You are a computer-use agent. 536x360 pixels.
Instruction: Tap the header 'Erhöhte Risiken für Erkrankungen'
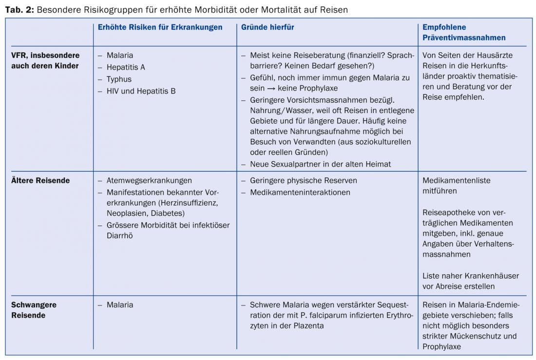click(x=160, y=27)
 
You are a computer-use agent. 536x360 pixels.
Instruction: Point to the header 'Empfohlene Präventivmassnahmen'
click(x=464, y=32)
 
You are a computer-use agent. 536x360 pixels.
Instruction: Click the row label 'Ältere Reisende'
click(x=40, y=180)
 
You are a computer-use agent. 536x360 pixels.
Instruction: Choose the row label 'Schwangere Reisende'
click(x=34, y=310)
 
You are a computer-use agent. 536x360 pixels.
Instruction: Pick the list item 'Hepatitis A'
click(x=126, y=67)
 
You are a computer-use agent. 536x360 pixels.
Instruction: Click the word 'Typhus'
click(x=119, y=79)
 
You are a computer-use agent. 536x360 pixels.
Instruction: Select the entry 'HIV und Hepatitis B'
click(x=141, y=91)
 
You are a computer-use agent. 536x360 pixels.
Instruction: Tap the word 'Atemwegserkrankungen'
click(x=149, y=180)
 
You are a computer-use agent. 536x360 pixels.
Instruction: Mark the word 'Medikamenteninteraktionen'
click(x=300, y=192)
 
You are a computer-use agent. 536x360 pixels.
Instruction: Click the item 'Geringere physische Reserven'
click(x=303, y=180)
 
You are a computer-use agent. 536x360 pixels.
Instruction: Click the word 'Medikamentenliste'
click(x=457, y=180)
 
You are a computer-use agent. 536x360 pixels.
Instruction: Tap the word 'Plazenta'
click(x=308, y=325)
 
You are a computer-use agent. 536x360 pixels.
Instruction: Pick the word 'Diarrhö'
click(x=119, y=236)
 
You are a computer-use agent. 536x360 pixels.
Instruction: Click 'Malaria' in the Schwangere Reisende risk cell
click(x=119, y=304)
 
